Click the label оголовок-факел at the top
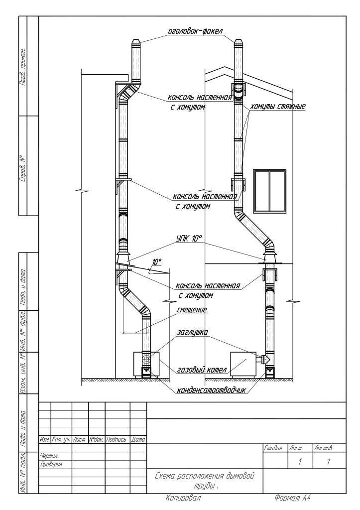click(195, 31)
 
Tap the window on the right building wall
click(269, 191)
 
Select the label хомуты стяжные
click(278, 107)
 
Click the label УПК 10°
click(189, 239)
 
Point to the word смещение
click(192, 310)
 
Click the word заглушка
click(192, 332)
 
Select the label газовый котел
click(202, 370)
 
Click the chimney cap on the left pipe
click(136, 44)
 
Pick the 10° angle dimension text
click(157, 261)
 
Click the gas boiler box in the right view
click(243, 365)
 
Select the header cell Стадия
click(273, 449)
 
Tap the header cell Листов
click(323, 449)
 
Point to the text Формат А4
click(293, 498)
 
